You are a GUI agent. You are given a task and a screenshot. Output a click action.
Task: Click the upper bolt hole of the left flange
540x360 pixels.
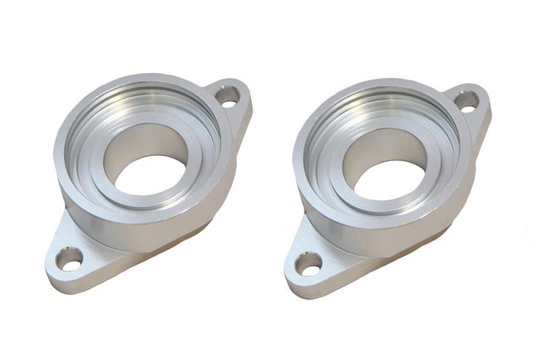point(229,96)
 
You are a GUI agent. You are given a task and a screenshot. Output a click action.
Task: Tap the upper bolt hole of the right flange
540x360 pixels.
point(467,101)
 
